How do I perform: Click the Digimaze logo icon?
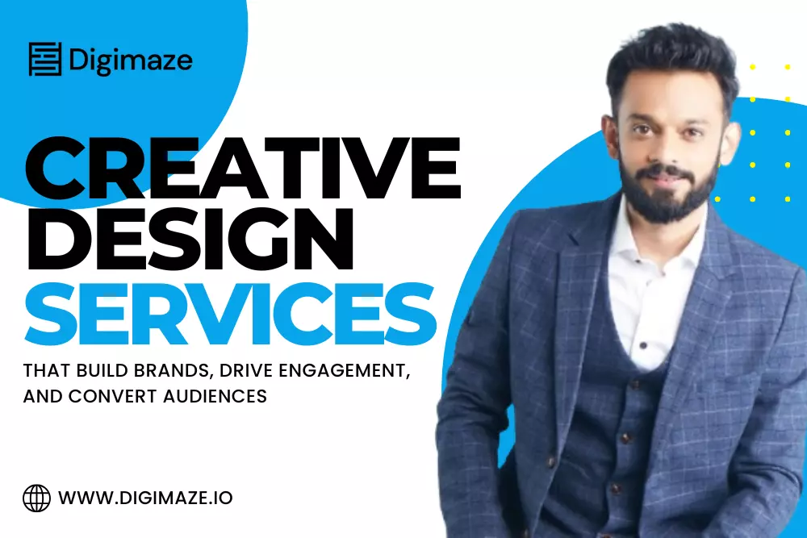(46, 60)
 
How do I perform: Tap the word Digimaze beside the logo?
(130, 60)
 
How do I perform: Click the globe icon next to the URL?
(37, 498)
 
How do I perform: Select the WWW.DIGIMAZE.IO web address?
(146, 498)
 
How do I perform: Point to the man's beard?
(670, 198)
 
